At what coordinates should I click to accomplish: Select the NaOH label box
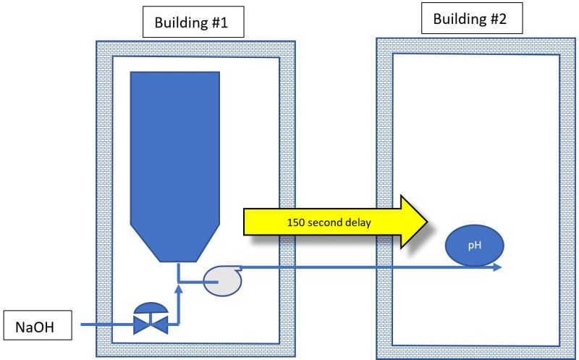coord(38,327)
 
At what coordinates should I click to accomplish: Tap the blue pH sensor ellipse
coord(473,246)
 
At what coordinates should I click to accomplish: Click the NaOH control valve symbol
coord(150,319)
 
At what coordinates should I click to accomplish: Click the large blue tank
coord(174,159)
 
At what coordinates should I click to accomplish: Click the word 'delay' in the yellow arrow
coord(356,222)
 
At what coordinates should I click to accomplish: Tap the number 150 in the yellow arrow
coord(297,222)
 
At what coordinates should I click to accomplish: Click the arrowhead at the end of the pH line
coord(497,267)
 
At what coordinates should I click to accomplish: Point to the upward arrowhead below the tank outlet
coord(178,290)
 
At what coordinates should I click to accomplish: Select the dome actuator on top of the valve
coord(150,308)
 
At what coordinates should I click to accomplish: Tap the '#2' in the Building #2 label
coord(496,20)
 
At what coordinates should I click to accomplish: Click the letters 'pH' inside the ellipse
coord(473,246)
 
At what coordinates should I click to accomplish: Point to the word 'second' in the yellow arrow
coord(325,222)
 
